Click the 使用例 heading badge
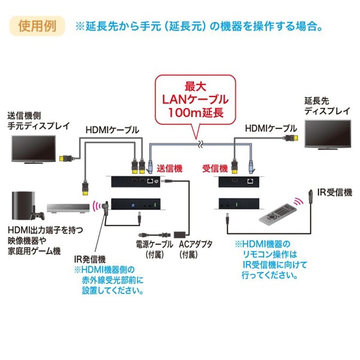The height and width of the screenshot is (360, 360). tap(37, 26)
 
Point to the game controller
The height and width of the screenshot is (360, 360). tap(39, 214)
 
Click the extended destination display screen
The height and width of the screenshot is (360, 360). tap(326, 135)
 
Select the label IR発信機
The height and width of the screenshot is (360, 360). tap(90, 259)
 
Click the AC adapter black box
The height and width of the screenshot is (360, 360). tap(181, 230)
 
